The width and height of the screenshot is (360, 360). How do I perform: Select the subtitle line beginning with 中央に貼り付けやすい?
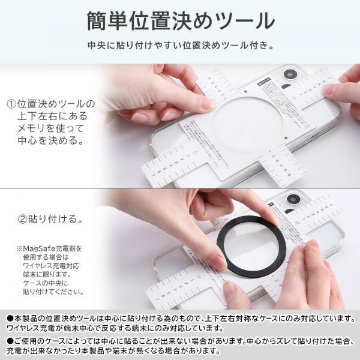click(x=179, y=45)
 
